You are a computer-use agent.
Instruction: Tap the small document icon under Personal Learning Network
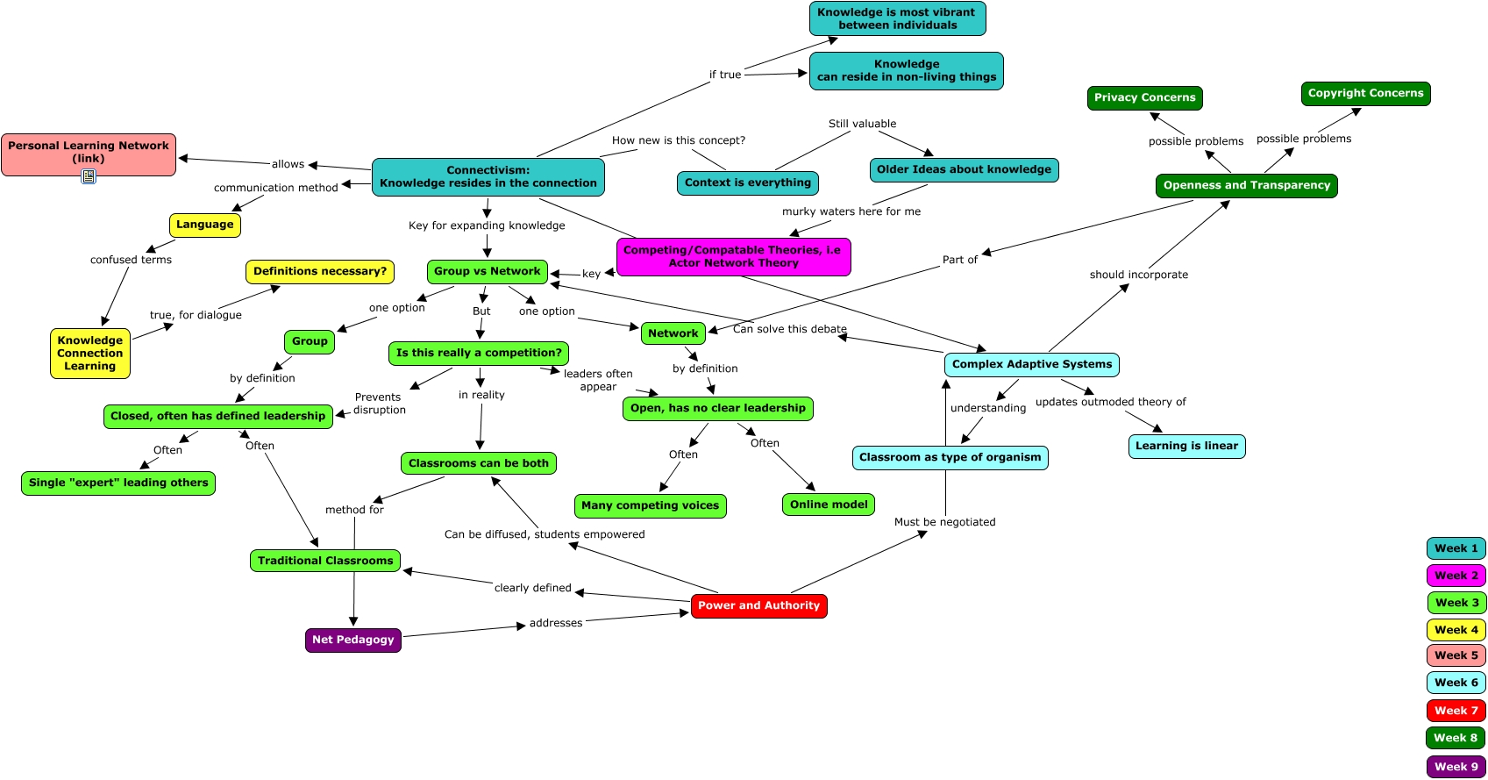[89, 176]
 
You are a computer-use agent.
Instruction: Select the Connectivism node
[488, 177]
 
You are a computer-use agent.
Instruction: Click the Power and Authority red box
[758, 605]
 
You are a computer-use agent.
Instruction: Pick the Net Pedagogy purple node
[352, 640]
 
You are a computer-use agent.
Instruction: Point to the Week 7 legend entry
[1456, 711]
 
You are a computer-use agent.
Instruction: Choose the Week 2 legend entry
[1456, 576]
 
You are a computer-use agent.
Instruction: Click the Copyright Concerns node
[1365, 93]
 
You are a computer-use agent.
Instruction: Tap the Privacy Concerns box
[1144, 97]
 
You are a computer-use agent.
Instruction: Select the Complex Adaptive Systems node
[1031, 364]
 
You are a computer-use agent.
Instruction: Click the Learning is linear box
[1186, 446]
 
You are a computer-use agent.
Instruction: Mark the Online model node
[828, 504]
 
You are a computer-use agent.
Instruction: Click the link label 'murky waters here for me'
[851, 211]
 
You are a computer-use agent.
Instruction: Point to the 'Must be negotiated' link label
[944, 522]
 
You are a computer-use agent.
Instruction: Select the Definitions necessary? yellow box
[319, 272]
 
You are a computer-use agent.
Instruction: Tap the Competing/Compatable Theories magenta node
[733, 256]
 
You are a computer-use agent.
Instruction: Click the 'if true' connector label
[724, 75]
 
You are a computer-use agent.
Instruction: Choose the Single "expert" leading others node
[118, 483]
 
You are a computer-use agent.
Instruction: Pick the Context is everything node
[747, 182]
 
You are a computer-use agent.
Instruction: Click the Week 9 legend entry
[1456, 767]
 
